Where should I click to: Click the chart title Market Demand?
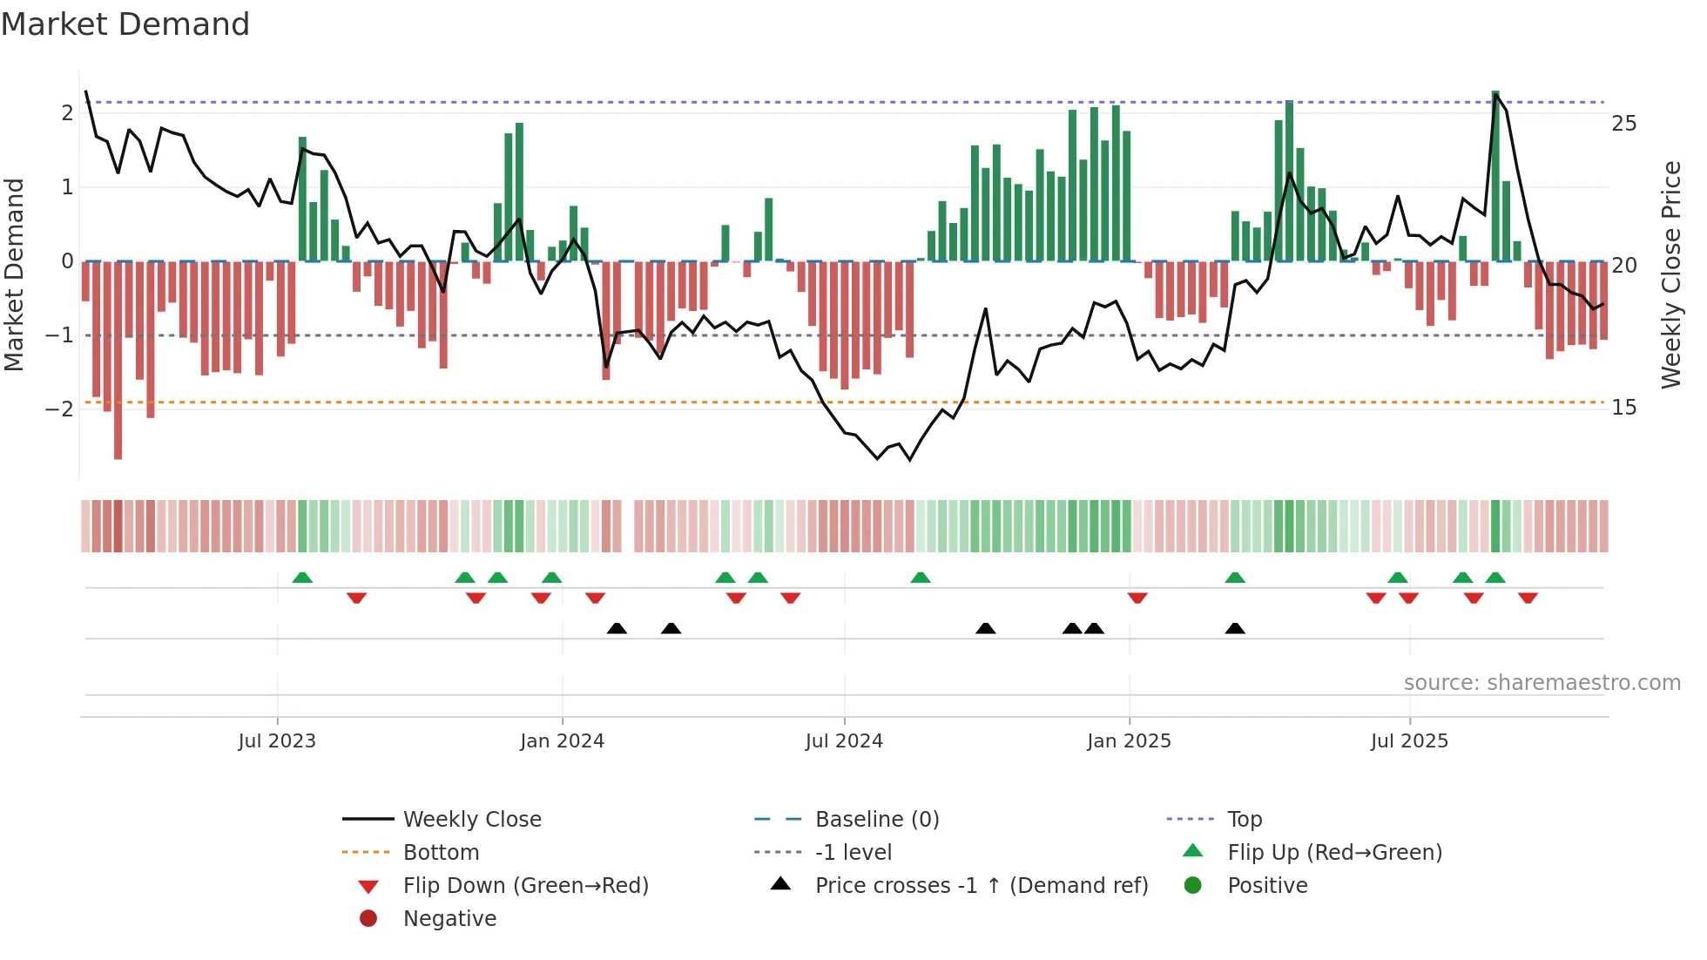125,24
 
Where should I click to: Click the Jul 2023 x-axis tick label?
277,741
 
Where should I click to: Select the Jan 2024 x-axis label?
562,741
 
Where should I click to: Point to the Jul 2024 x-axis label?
844,741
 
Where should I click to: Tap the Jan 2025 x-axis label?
1129,741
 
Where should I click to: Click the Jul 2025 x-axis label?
1409,741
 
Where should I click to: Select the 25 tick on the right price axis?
1623,124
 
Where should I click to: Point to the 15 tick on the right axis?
1623,408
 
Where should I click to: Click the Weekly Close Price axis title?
1670,274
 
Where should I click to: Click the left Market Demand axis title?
14,274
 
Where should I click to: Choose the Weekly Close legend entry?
471,820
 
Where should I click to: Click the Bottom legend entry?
441,853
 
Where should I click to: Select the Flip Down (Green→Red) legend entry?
525,886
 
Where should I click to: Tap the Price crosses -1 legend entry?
981,886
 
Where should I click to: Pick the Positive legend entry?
1267,886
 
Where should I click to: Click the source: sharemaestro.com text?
1542,683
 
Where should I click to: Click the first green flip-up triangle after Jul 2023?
302,578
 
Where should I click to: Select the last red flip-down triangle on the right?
1528,598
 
